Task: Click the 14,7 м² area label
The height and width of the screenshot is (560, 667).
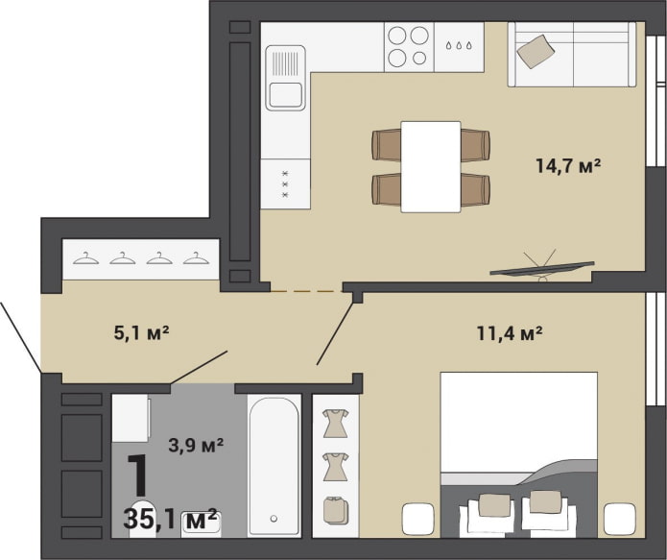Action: tap(567, 166)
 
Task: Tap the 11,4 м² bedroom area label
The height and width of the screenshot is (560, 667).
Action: tap(510, 334)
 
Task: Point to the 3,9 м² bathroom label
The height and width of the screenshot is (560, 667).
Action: tap(196, 445)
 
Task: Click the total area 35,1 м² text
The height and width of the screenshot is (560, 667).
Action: tap(172, 520)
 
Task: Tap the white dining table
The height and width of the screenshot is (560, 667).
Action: tap(430, 166)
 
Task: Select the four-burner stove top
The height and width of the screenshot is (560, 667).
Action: tap(408, 46)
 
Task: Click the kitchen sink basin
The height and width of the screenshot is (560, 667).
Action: tap(285, 96)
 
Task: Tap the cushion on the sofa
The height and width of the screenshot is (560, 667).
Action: tap(535, 50)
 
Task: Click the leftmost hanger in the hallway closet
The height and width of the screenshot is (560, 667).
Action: tap(86, 257)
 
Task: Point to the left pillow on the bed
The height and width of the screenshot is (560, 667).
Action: tap(494, 503)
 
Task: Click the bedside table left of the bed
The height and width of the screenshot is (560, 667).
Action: tap(419, 520)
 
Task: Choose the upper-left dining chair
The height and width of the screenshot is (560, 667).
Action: tap(387, 145)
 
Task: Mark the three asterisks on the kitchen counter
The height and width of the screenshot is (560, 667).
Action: tap(284, 183)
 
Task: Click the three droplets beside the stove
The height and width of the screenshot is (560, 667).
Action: tap(459, 45)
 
